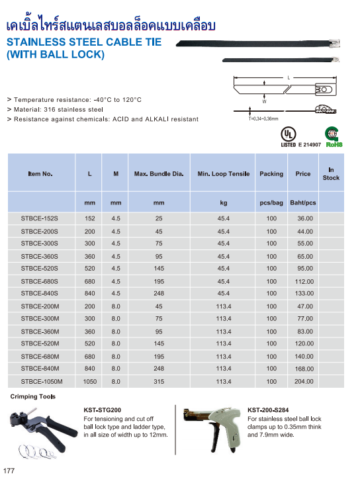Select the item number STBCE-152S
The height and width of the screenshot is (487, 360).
(40, 218)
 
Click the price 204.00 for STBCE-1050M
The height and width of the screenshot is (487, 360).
(304, 381)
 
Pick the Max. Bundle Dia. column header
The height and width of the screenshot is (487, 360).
(159, 174)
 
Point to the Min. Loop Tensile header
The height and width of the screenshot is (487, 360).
(224, 174)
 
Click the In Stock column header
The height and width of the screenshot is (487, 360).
(331, 174)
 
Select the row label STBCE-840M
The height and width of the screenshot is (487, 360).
(40, 369)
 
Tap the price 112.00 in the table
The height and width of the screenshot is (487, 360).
(304, 281)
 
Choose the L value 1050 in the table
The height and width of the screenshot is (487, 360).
(90, 381)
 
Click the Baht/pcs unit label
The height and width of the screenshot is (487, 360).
(303, 202)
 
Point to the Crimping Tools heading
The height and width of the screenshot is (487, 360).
(33, 396)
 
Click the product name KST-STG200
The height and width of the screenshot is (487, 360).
(103, 410)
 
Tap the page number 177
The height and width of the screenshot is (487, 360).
(9, 471)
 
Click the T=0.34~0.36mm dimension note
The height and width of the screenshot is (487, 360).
(263, 119)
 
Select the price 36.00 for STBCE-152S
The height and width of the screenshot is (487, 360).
(304, 218)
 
